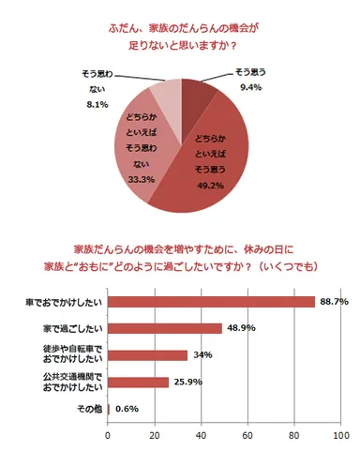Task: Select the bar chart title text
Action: coord(181,258)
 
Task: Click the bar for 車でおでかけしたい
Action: coord(212,302)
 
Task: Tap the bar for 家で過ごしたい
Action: coord(165,328)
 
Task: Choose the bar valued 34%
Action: coord(148,355)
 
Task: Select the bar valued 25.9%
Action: coord(139,382)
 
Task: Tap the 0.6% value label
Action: coord(127,409)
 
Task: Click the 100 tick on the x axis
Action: coord(340,436)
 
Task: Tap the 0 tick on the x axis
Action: coord(109,436)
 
